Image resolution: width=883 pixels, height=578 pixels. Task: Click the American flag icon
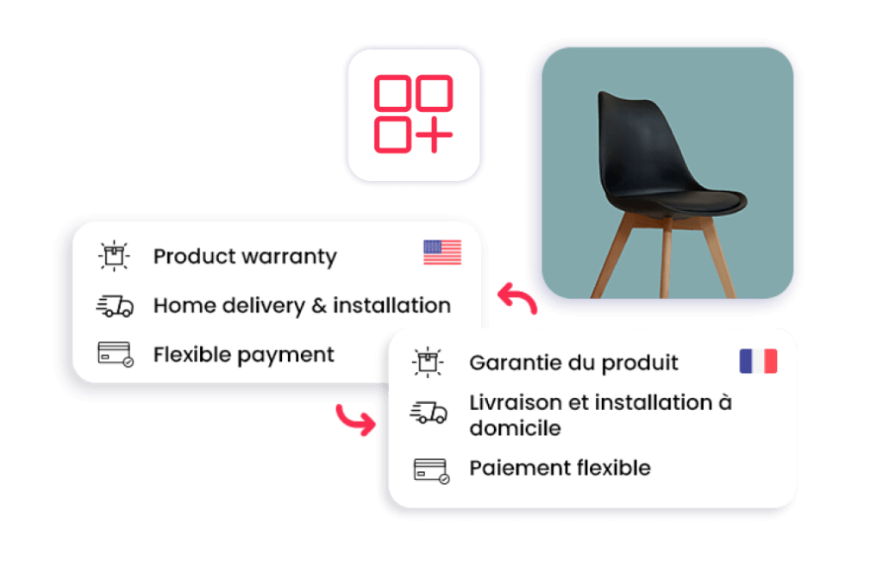coord(442,252)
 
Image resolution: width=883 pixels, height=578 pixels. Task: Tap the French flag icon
coord(758,361)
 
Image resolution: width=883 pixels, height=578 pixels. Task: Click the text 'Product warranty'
coord(245,257)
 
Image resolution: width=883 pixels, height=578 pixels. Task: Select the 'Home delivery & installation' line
coord(303,305)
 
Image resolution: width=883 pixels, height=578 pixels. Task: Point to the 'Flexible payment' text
coord(244,355)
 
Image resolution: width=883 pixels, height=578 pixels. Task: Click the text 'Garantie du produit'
coord(573,363)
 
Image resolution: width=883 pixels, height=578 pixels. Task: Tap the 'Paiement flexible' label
coord(560,468)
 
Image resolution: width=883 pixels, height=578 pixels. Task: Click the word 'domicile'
coord(516,428)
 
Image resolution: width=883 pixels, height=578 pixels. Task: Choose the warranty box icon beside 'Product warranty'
coord(114,256)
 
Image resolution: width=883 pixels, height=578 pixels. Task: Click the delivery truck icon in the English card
coord(115,307)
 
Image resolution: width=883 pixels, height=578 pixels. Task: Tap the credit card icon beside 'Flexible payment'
coord(116,355)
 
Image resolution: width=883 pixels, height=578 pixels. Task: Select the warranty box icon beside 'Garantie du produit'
coord(428,362)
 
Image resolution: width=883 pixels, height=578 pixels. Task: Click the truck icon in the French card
coord(429,413)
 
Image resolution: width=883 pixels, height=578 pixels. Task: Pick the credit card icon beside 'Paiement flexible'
coord(431,471)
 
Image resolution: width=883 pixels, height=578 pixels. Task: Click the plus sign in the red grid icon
coord(434,134)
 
